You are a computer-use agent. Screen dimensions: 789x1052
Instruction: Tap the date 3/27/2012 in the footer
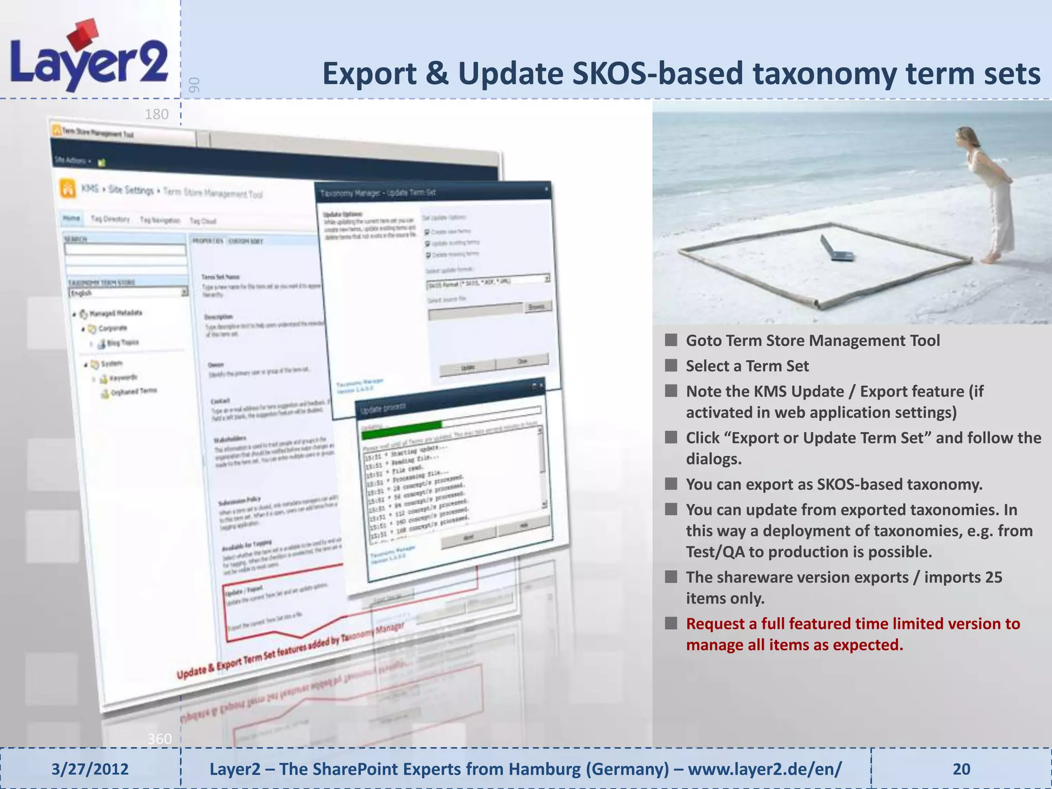(90, 769)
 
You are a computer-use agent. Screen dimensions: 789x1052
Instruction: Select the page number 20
(961, 769)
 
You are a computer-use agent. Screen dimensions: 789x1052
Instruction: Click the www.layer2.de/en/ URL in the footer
(764, 769)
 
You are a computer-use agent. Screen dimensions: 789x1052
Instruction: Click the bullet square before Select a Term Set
(671, 366)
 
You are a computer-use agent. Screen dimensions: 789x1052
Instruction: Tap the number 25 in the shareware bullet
(993, 577)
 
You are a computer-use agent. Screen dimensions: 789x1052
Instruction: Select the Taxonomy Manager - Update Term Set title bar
(431, 192)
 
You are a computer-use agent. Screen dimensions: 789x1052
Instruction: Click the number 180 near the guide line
(157, 114)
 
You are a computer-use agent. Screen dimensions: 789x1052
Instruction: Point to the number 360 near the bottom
(159, 739)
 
